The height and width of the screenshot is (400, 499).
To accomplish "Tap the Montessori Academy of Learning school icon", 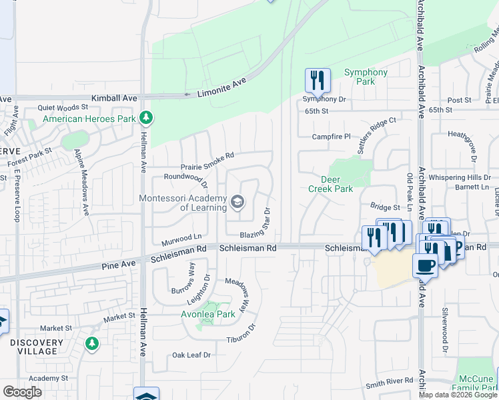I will coord(237,201).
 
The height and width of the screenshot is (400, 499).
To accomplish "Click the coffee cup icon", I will coord(425,265).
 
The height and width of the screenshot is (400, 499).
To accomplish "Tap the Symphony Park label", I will coord(366,77).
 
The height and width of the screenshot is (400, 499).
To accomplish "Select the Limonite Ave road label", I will coord(222,87).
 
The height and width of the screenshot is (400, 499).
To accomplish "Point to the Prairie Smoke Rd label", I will coord(207,161).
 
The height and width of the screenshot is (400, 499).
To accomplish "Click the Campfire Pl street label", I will coord(332,137).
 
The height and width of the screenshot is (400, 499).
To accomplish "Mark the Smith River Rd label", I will coord(389,383).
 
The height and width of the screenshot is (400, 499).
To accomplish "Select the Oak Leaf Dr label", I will coord(191,355).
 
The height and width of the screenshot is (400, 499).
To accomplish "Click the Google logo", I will coord(22,392).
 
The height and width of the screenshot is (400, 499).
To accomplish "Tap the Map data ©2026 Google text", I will coord(458,395).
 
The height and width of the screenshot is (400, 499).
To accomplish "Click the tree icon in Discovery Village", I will coord(92,343).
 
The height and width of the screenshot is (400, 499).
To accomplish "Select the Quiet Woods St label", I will coord(63,107).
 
